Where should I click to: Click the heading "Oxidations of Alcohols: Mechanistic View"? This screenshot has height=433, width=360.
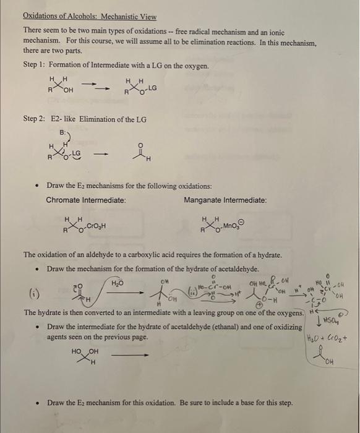90,17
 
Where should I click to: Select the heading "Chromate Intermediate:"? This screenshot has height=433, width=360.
86,200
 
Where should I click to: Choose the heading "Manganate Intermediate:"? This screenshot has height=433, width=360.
225,200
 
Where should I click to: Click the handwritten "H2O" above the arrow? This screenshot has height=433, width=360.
117,283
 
